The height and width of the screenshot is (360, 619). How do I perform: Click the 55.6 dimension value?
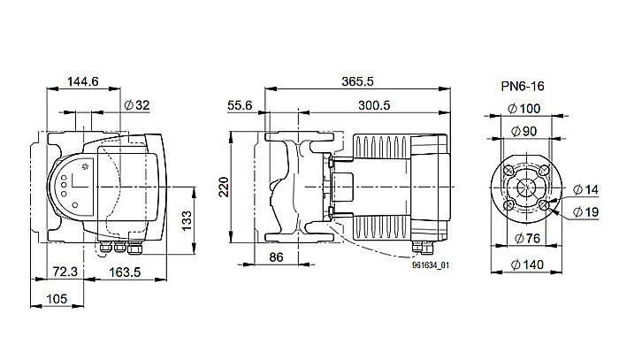241,104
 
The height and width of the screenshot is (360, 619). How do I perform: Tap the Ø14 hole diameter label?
585,190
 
